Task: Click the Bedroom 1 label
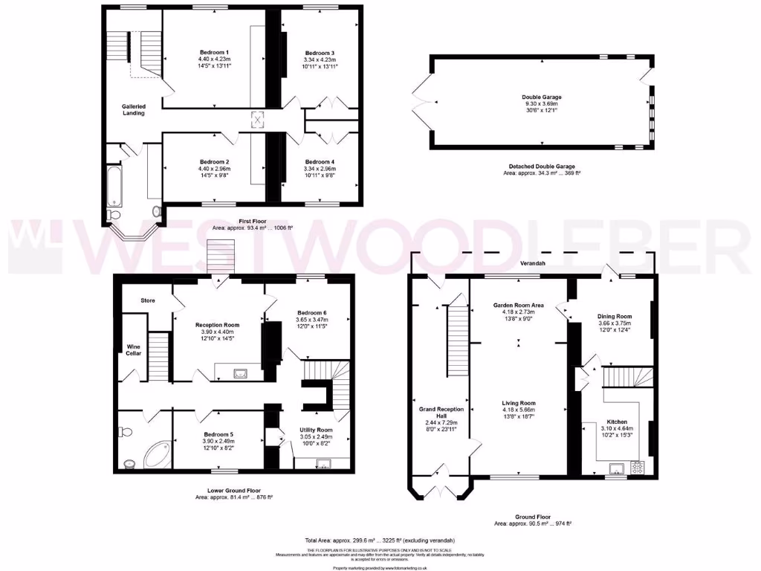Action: (213, 52)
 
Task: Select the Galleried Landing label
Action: (134, 109)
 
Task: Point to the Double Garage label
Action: (541, 97)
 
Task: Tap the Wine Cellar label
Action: (133, 349)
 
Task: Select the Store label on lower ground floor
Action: (148, 300)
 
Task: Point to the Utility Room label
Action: (317, 430)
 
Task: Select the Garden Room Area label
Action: (519, 305)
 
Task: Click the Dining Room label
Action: (614, 316)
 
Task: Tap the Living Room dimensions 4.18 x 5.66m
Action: (519, 410)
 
